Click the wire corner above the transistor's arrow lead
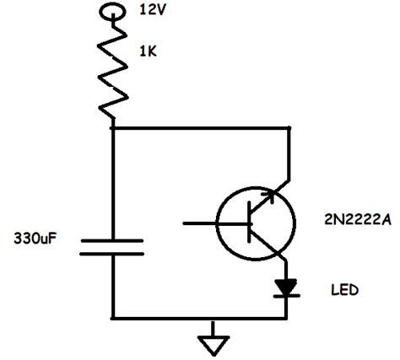[289, 128]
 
